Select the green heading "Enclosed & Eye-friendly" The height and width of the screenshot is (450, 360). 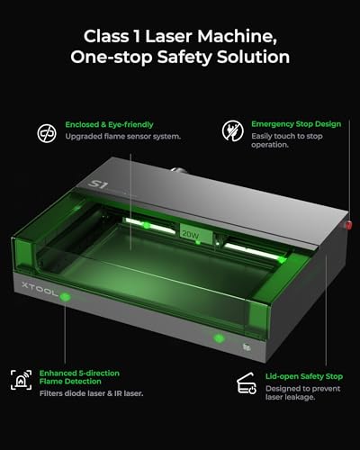(x=108, y=123)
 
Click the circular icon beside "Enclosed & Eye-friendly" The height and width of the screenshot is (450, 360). (x=45, y=131)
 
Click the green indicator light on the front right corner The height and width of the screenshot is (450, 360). (x=217, y=338)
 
